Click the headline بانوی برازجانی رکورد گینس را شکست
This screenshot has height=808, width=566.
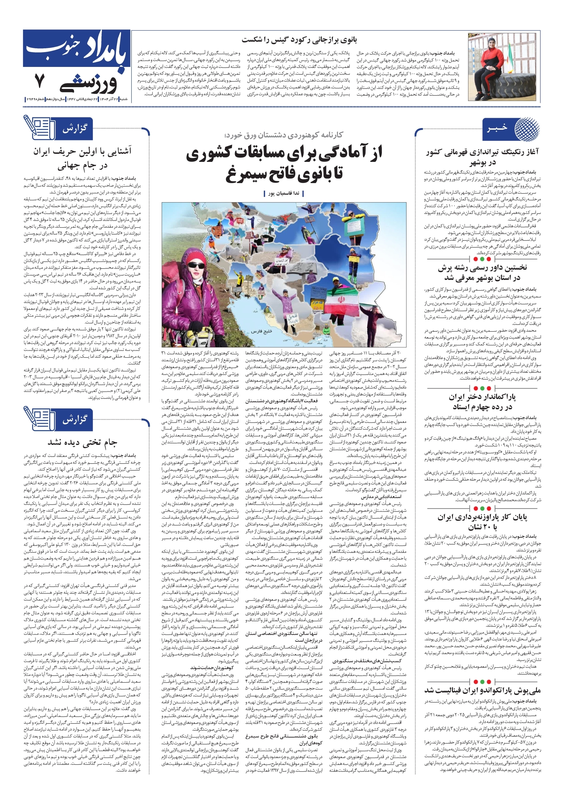pyautogui.click(x=299, y=40)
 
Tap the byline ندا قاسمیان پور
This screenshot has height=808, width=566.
pyautogui.click(x=284, y=193)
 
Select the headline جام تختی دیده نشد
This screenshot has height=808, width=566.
pyautogui.click(x=82, y=442)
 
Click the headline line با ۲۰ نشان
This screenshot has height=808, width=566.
pyautogui.click(x=482, y=527)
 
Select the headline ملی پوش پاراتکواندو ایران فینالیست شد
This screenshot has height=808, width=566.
pyautogui.click(x=482, y=689)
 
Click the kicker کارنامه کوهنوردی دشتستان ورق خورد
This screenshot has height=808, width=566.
pyautogui.click(x=284, y=135)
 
